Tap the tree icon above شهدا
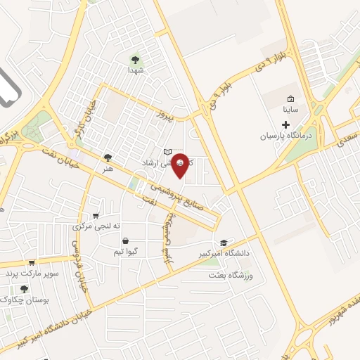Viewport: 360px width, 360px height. click(135, 59)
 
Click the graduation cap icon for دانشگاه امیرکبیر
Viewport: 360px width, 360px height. click(224, 243)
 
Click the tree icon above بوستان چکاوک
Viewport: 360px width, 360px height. click(24, 288)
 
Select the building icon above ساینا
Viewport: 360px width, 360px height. click(291, 98)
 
